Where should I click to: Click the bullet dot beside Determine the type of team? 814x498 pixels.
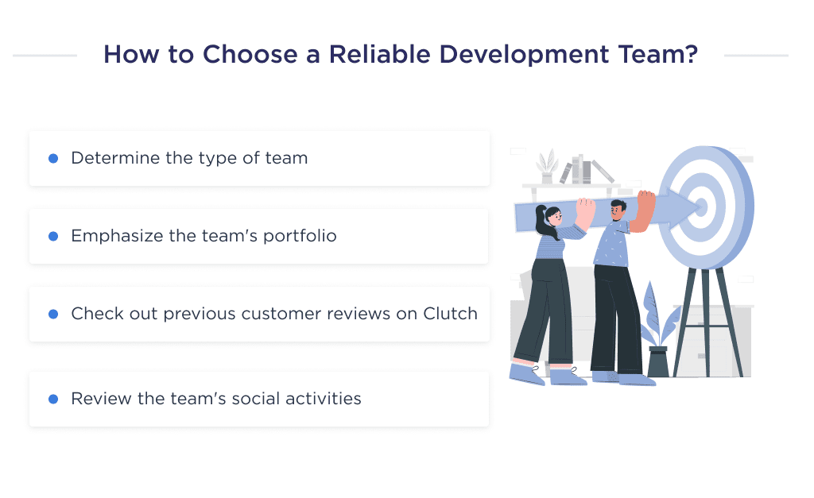click(53, 158)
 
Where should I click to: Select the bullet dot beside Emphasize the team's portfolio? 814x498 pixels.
click(53, 236)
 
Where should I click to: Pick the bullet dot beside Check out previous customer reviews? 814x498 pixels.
click(53, 314)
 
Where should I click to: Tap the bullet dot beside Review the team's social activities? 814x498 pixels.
click(53, 399)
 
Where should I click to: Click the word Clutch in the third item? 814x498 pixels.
click(449, 314)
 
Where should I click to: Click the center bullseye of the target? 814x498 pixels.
click(704, 207)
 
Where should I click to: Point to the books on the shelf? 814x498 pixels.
click(585, 170)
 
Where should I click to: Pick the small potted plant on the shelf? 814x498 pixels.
click(546, 168)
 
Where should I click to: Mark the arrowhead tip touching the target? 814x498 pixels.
click(700, 207)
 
